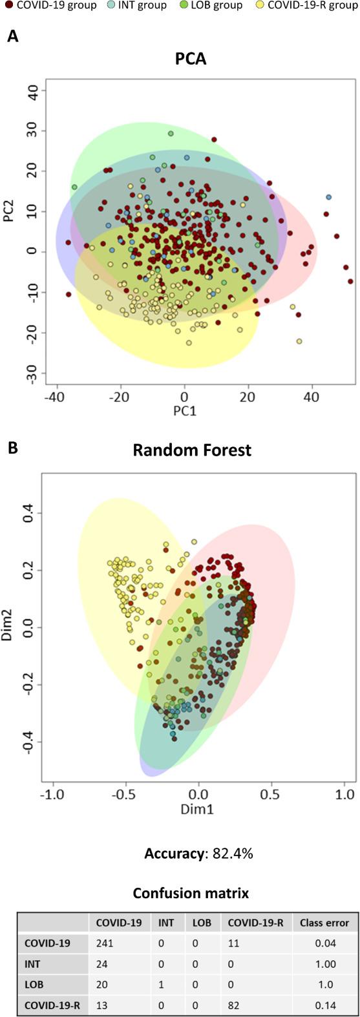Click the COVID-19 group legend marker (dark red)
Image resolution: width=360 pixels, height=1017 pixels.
(7, 6)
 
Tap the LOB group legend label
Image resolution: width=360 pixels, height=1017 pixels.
(216, 6)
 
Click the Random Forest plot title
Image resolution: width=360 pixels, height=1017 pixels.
(192, 450)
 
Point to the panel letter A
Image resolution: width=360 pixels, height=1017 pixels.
(12, 37)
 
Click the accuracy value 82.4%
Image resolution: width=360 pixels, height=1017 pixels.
(229, 854)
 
